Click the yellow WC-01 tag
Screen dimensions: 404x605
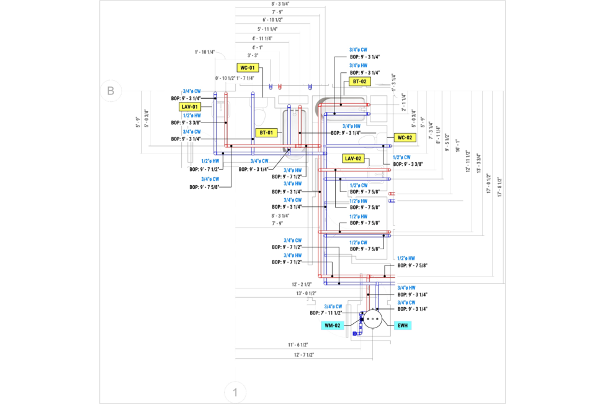coord(247,67)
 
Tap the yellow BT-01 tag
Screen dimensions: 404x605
coord(265,132)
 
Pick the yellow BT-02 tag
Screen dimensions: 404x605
coord(361,81)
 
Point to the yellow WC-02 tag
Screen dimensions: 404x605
coord(404,137)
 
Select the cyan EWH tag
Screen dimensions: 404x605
coord(402,325)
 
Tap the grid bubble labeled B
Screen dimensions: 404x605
coord(110,91)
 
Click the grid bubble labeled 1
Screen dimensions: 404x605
coord(235,392)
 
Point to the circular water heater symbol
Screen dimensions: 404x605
coord(372,319)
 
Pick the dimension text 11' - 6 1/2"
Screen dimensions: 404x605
coord(299,344)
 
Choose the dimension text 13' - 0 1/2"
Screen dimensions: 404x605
coord(306,293)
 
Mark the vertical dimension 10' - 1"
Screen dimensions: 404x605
coord(458,145)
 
